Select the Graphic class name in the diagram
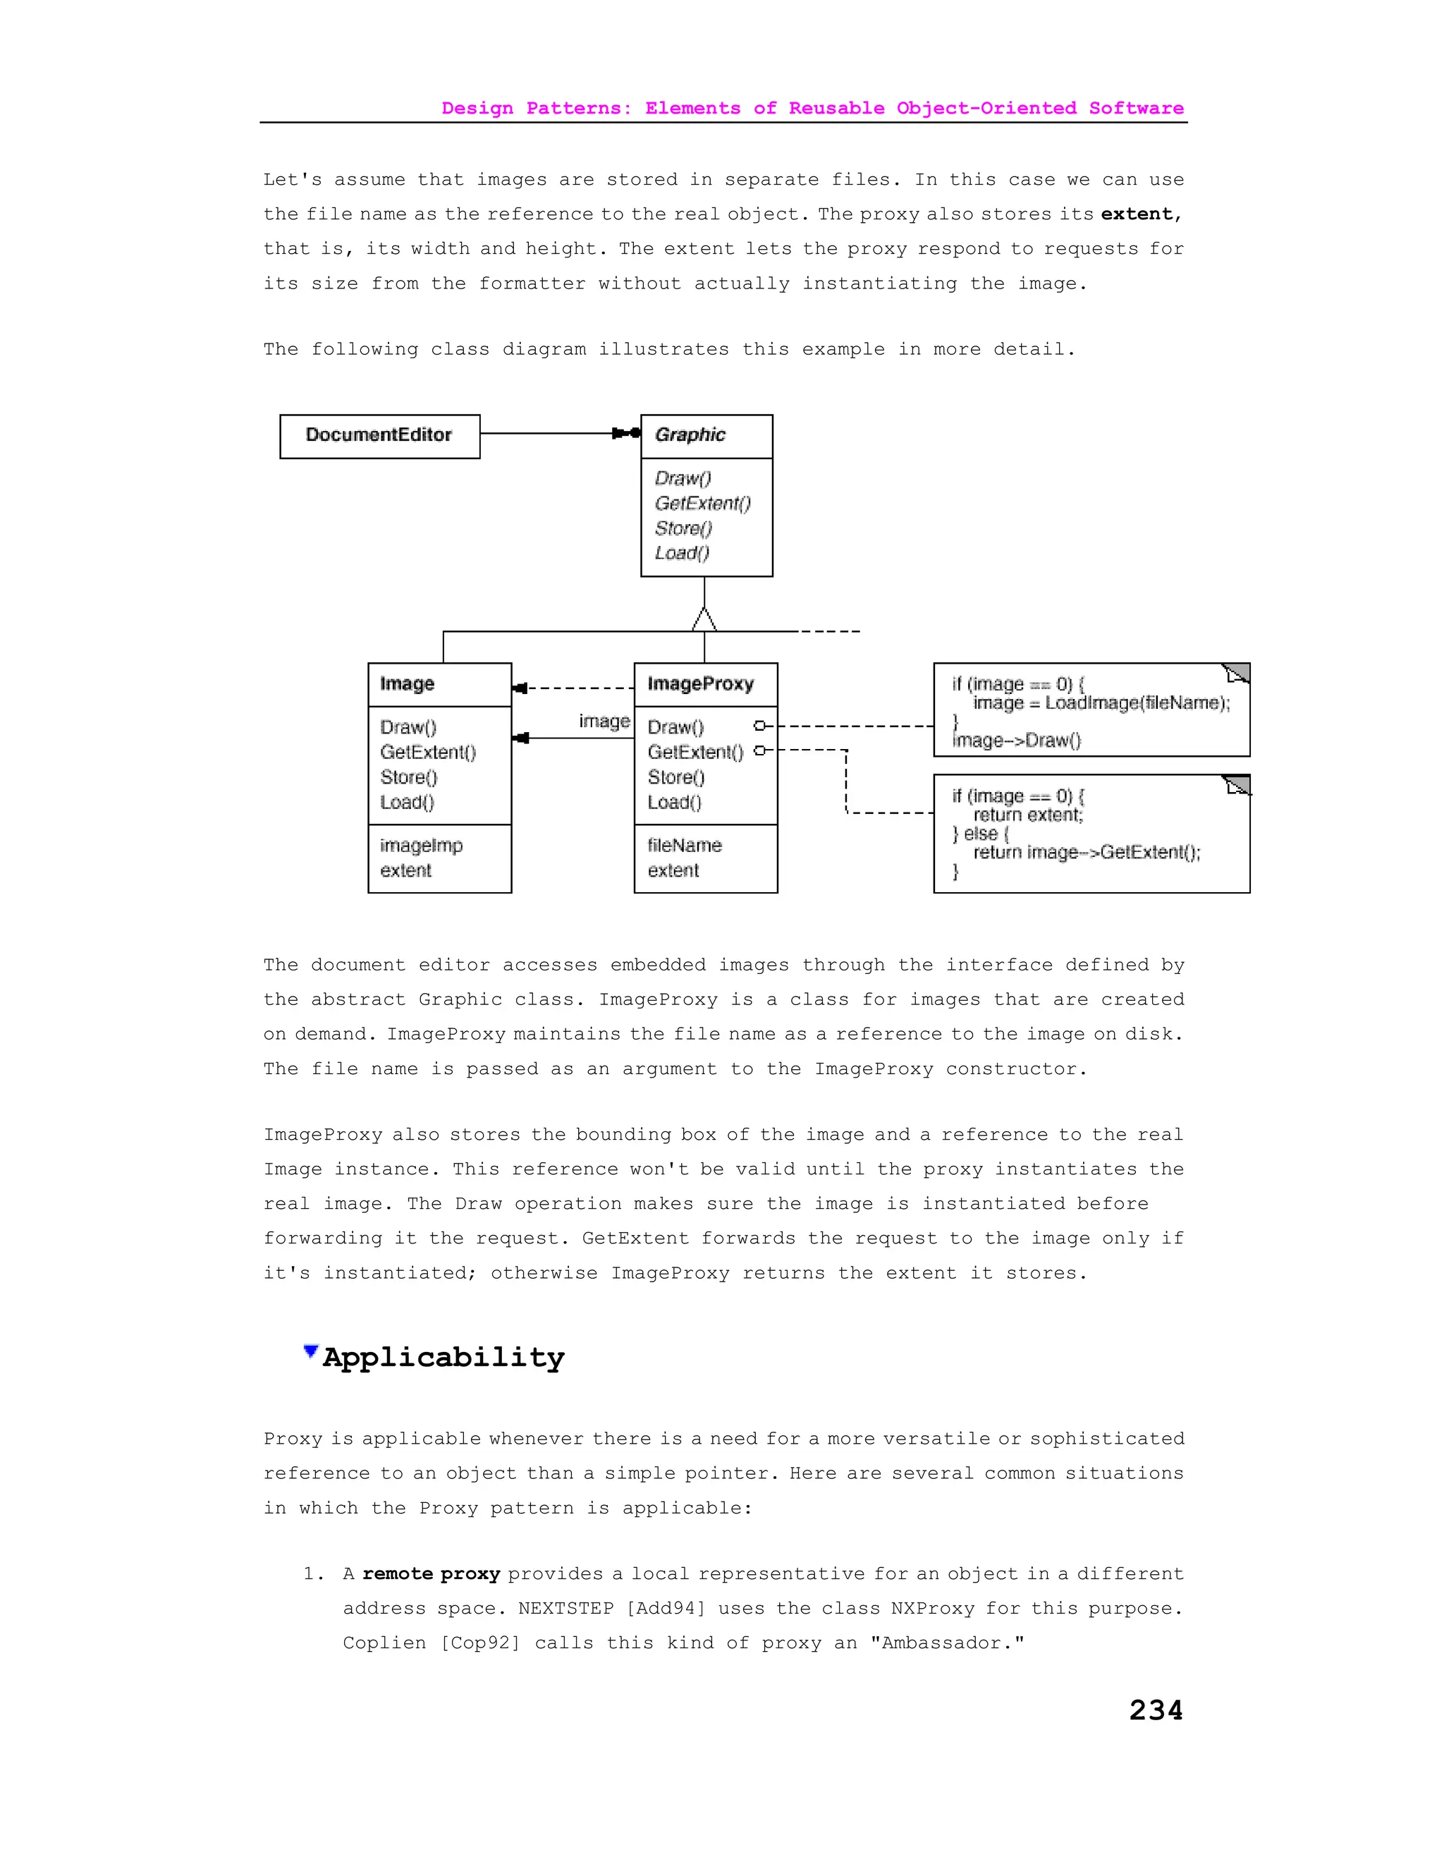click(x=690, y=434)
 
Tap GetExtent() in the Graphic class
click(x=702, y=503)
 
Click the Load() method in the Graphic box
click(x=682, y=553)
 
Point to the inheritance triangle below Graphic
click(x=704, y=619)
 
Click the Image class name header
click(x=408, y=683)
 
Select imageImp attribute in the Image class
click(x=421, y=846)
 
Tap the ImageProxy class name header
click(x=701, y=683)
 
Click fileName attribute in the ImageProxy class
click(x=685, y=846)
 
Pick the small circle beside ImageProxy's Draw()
click(x=759, y=726)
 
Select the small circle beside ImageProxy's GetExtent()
click(x=759, y=750)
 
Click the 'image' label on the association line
click(x=604, y=722)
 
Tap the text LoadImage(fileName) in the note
click(x=1137, y=702)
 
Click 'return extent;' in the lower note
click(x=1027, y=815)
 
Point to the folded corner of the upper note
click(x=1237, y=674)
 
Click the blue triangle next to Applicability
click(x=310, y=1351)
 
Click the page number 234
click(x=1155, y=1710)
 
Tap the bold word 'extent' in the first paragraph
click(x=1136, y=214)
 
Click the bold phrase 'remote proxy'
click(x=431, y=1573)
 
